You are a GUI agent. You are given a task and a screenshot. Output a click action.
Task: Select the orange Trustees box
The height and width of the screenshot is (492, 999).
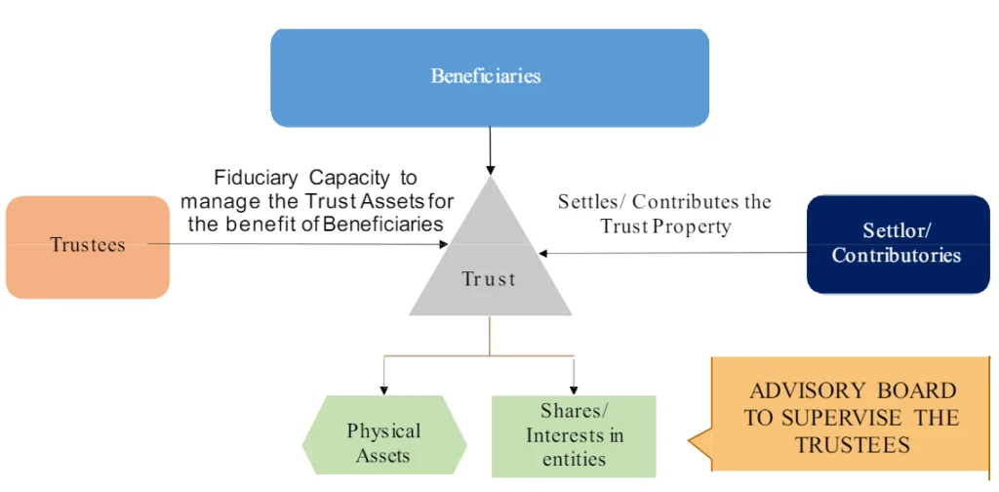tap(88, 246)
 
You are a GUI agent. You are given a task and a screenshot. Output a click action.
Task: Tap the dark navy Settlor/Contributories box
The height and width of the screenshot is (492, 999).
tap(898, 244)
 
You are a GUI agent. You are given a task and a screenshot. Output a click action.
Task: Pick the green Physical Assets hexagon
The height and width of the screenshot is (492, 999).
tap(383, 442)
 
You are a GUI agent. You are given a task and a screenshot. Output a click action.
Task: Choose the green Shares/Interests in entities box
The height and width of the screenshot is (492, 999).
tap(574, 435)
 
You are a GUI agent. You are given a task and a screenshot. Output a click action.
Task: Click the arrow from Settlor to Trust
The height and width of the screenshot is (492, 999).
tap(673, 253)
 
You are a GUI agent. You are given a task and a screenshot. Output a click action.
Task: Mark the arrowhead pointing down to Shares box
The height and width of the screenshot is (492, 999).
tap(574, 388)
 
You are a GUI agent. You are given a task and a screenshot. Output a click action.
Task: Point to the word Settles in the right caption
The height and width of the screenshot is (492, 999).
tap(590, 202)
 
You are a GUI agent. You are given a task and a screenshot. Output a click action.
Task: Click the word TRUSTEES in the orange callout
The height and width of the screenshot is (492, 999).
tap(852, 444)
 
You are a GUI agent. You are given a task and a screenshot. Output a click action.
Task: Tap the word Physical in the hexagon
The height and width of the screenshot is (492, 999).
tap(383, 430)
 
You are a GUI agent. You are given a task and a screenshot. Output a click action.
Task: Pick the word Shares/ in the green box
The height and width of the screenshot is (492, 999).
tap(575, 411)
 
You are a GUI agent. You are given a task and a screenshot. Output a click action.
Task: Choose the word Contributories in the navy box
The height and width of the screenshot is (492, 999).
tap(896, 256)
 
